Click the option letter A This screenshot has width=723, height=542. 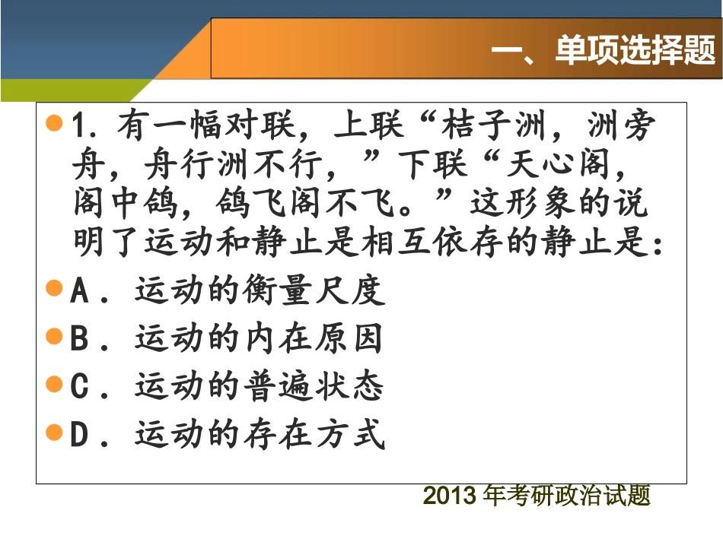coord(79,291)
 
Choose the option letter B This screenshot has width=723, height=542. coord(79,339)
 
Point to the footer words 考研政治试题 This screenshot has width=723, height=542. coord(578,496)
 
